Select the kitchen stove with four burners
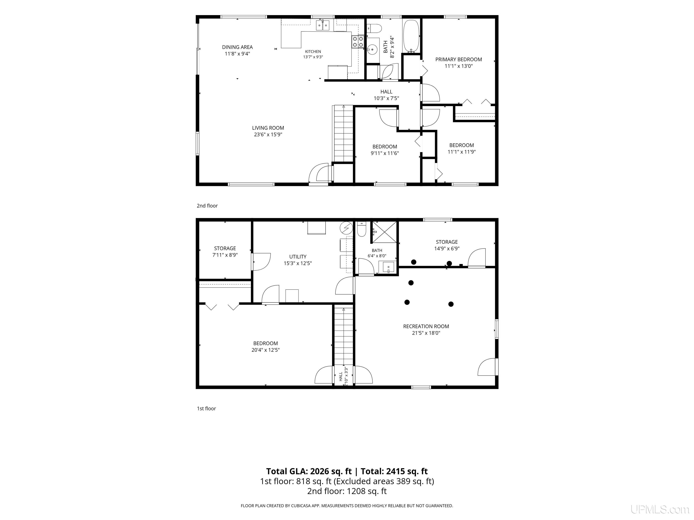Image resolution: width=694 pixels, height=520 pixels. (x=358, y=42)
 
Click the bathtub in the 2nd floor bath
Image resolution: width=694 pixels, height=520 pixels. (x=410, y=36)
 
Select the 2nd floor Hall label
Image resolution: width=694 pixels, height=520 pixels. (x=386, y=92)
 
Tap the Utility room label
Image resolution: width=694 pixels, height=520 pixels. (x=298, y=257)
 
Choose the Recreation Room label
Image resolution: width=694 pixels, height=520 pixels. (x=426, y=326)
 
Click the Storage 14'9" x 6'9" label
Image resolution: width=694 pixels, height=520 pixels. (x=447, y=245)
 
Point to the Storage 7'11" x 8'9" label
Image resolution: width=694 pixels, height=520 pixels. (x=225, y=252)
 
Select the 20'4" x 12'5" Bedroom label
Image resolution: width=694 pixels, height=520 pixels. (x=265, y=347)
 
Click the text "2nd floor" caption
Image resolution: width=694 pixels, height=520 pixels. (x=207, y=206)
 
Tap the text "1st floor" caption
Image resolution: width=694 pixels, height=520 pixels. (x=206, y=409)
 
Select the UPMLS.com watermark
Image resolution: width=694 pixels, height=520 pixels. (x=660, y=509)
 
